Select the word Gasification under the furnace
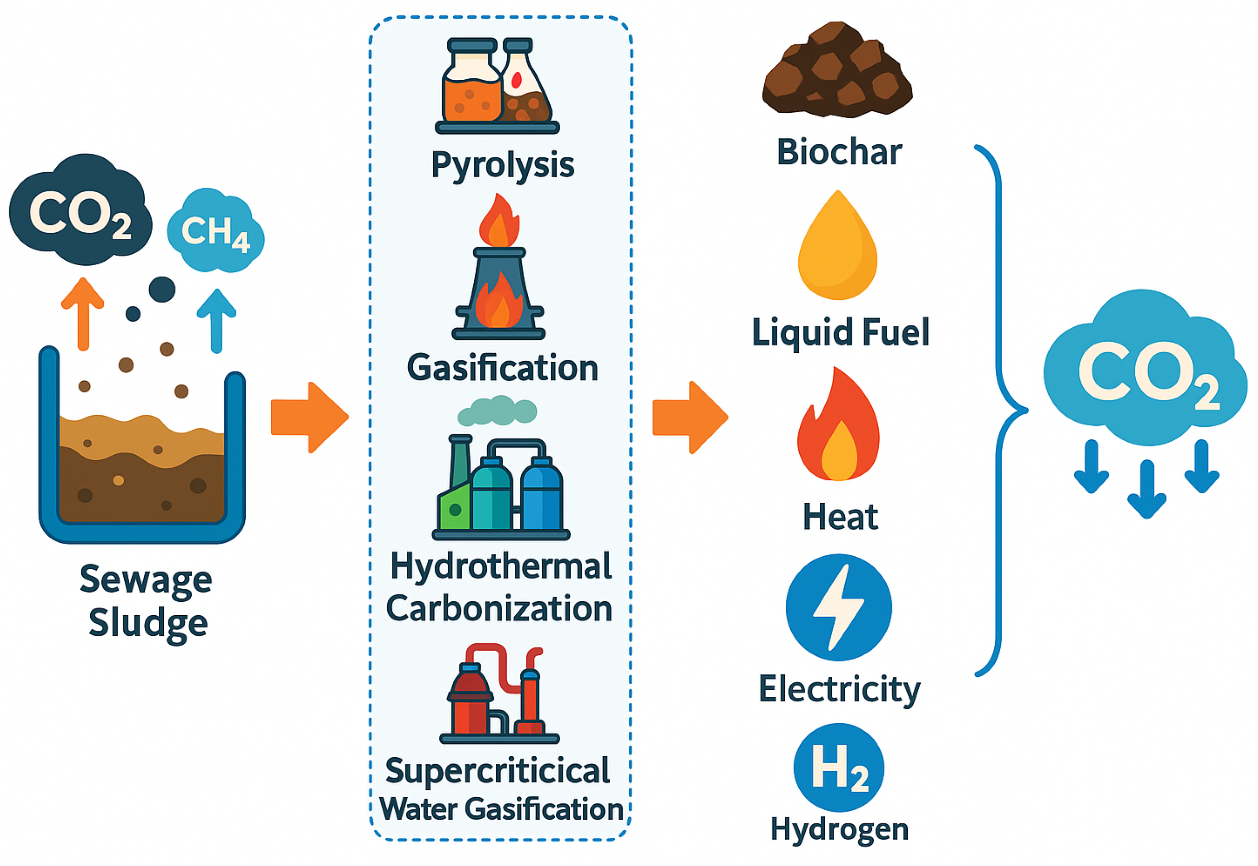point(502,368)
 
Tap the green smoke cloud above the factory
point(497,411)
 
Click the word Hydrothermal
point(500,566)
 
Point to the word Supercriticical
point(497,770)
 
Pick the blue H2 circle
point(838,767)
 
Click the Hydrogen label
point(839,829)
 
